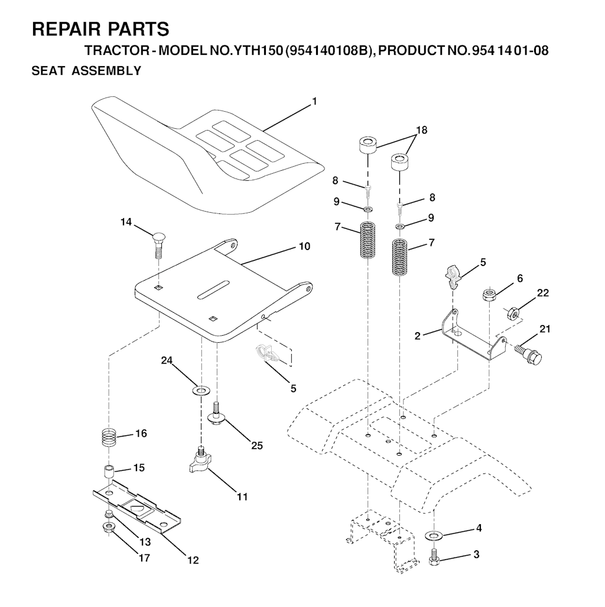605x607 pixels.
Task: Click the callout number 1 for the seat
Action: (314, 102)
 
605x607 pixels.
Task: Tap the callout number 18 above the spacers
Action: (421, 130)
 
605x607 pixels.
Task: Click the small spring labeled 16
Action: (109, 437)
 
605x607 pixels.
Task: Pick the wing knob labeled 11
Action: (200, 459)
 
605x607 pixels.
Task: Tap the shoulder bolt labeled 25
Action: (217, 414)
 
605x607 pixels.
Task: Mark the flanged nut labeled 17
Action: (108, 527)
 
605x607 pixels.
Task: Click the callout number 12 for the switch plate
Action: (193, 560)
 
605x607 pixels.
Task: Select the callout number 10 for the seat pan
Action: (305, 246)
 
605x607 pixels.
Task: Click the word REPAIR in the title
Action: (67, 29)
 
